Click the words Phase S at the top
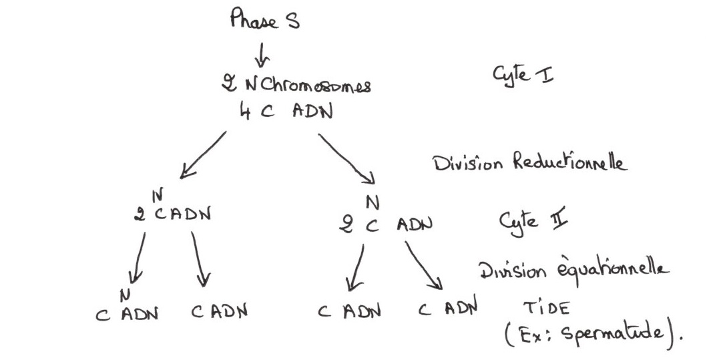click(x=265, y=20)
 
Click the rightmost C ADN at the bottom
click(x=448, y=309)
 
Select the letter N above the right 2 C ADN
click(x=373, y=201)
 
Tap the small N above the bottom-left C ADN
click(x=125, y=293)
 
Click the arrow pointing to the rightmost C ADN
click(x=423, y=265)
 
